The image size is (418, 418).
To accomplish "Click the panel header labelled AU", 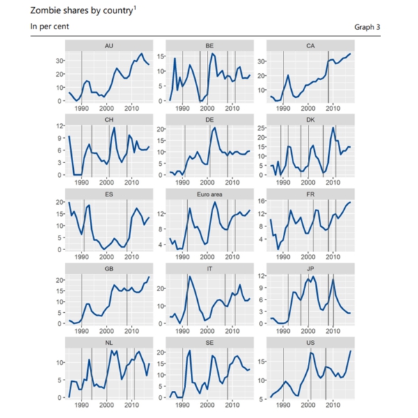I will [x=109, y=46].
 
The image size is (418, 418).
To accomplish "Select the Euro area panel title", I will [x=210, y=194].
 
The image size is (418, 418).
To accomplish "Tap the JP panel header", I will [x=310, y=268].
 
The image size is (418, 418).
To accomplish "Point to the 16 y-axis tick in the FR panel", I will [x=262, y=201].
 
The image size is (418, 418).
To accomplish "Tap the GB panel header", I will [x=109, y=268].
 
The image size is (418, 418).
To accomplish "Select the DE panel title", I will [x=210, y=120].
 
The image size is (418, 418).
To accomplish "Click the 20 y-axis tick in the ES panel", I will [x=59, y=202].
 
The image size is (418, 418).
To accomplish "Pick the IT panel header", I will [x=210, y=268].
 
